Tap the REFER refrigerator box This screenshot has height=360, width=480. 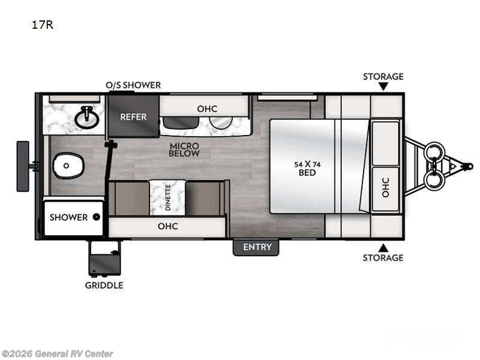(133, 116)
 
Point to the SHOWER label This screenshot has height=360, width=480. (68, 217)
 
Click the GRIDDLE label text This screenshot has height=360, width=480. (104, 285)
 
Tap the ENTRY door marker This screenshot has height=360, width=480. (257, 247)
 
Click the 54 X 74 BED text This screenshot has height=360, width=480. (307, 168)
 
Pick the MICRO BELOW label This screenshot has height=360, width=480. (184, 149)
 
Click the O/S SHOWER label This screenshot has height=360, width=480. (133, 85)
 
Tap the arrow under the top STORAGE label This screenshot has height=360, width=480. (383, 87)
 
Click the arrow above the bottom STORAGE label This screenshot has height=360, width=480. (383, 247)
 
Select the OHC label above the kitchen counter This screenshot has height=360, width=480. (207, 109)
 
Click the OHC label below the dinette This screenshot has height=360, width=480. (167, 226)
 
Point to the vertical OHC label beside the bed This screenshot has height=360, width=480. (385, 187)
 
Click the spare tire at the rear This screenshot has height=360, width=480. (23, 166)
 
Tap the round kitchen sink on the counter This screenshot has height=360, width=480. (221, 122)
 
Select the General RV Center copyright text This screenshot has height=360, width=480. (57, 354)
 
